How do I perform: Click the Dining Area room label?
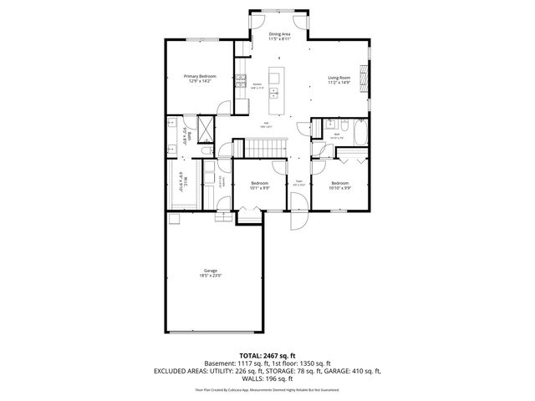pos(279,36)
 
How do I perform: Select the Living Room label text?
pos(339,81)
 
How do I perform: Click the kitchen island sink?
pos(273,95)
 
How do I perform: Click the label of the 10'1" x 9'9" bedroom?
pos(259,185)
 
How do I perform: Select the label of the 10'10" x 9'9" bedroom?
pos(339,185)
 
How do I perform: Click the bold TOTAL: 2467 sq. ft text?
pos(267,355)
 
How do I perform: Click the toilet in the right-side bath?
pos(318,130)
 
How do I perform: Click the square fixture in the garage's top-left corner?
pos(174,219)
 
